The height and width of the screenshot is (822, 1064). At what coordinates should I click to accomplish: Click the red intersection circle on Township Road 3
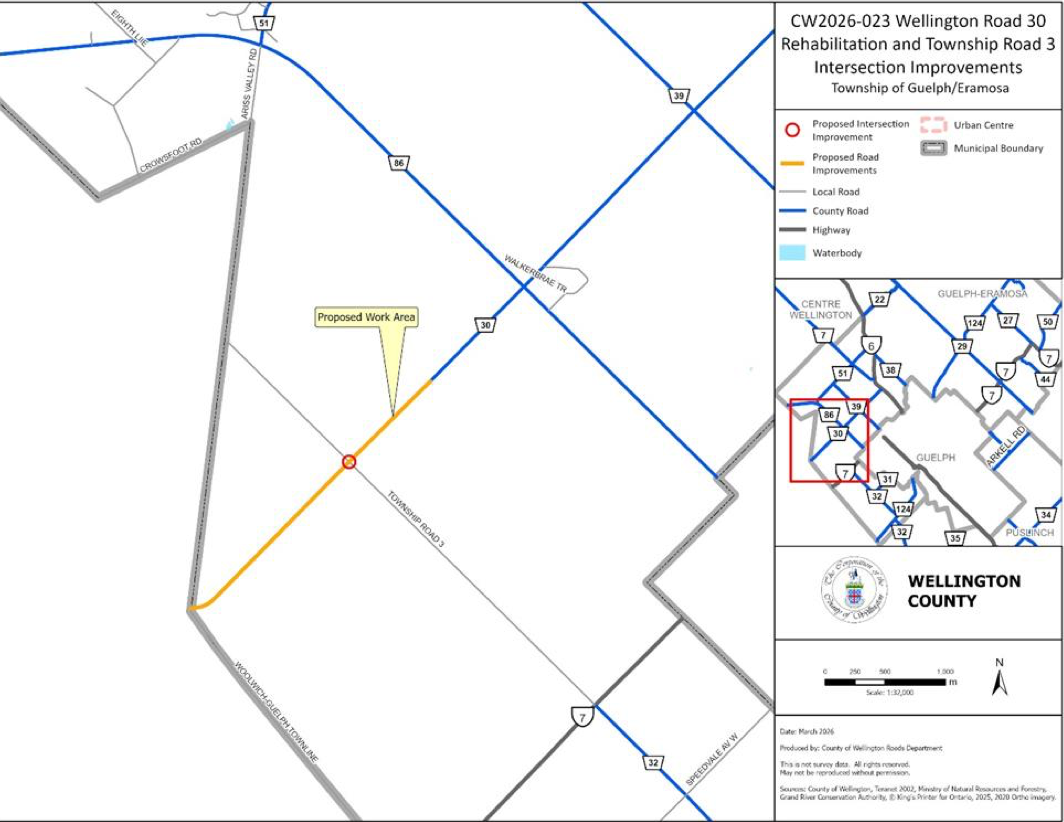pyautogui.click(x=349, y=461)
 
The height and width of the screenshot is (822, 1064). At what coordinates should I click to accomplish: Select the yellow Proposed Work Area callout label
pyautogui.click(x=367, y=318)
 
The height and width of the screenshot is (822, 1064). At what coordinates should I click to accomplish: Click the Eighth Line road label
pyautogui.click(x=124, y=26)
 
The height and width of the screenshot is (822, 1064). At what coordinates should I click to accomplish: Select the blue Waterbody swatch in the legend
pyautogui.click(x=791, y=253)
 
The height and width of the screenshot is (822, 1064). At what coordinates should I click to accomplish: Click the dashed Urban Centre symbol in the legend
pyautogui.click(x=932, y=126)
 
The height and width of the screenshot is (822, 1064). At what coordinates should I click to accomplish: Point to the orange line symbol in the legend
pyautogui.click(x=791, y=163)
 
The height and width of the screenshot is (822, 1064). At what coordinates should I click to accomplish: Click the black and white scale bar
pyautogui.click(x=885, y=682)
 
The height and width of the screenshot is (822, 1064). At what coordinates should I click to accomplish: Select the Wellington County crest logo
pyautogui.click(x=853, y=591)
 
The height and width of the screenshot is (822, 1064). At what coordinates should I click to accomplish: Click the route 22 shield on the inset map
pyautogui.click(x=879, y=300)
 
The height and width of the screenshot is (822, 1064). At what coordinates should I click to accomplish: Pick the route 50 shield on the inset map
pyautogui.click(x=1047, y=322)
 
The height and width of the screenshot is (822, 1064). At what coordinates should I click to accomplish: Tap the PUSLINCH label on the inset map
pyautogui.click(x=1030, y=533)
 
